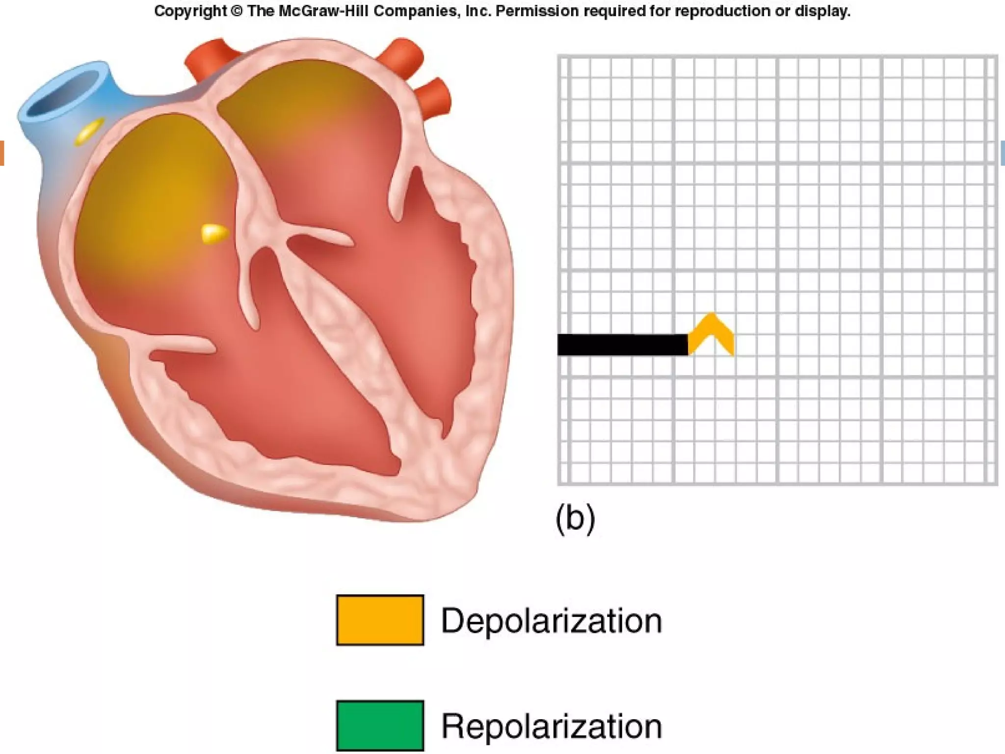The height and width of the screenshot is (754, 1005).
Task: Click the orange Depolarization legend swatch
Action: (380, 619)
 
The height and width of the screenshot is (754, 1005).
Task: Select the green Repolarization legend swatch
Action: (380, 725)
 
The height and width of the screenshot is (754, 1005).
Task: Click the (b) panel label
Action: (575, 518)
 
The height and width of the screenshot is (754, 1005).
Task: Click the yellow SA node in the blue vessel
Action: (89, 131)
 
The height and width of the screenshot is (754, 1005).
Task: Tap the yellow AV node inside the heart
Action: (214, 233)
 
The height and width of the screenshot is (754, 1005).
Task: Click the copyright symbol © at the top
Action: (237, 11)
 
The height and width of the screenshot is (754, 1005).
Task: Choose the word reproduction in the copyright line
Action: (721, 11)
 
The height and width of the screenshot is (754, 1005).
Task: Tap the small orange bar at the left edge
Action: (2, 153)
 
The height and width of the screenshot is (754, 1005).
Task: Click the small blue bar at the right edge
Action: (1003, 153)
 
